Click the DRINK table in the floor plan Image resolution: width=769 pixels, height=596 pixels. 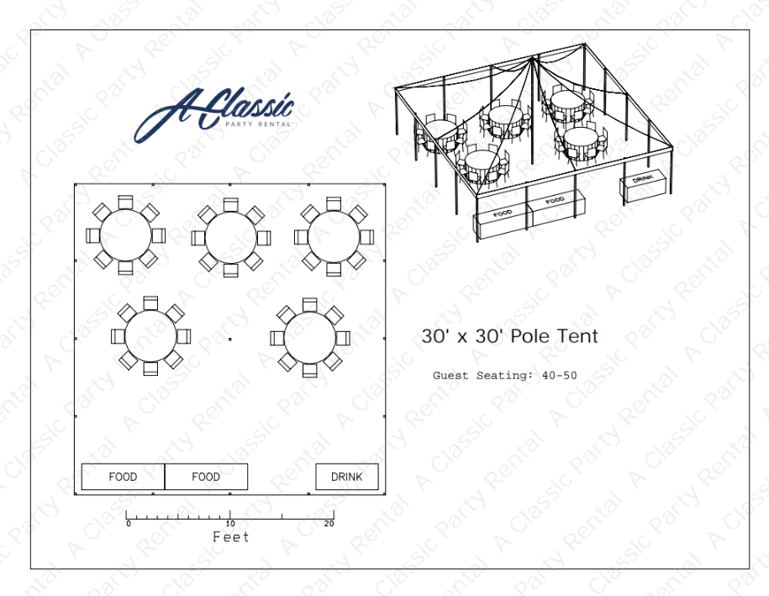point(347,477)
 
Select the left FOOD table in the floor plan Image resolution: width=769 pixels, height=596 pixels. point(123,477)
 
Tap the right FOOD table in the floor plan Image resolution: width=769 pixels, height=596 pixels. point(206,477)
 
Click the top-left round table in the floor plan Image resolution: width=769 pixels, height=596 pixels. point(125,235)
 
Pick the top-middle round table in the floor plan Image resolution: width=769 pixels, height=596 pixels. point(230,238)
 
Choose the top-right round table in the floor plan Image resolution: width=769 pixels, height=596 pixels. point(334,237)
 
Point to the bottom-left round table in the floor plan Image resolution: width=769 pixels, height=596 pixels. point(150,336)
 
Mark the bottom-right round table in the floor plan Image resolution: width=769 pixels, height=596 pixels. point(310,338)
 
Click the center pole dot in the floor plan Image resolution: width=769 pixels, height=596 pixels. point(230,339)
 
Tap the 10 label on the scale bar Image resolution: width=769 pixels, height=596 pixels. point(230,524)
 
